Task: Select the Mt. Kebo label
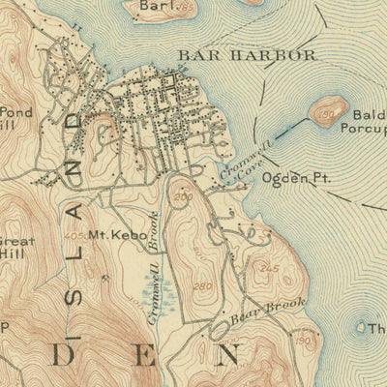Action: click(x=110, y=235)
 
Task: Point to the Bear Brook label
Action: click(x=268, y=315)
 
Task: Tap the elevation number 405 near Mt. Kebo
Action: click(x=73, y=235)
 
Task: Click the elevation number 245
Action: click(x=269, y=268)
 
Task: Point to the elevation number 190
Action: click(x=303, y=341)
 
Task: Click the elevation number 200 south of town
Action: click(x=184, y=196)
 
